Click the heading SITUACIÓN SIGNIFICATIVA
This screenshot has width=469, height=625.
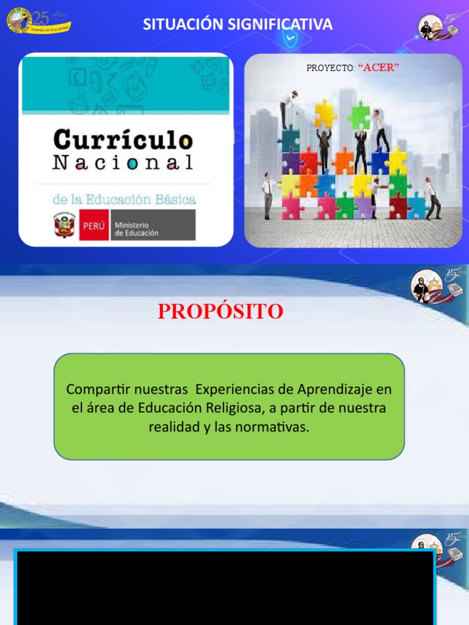point(238,24)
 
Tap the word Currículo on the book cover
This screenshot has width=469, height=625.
point(123,139)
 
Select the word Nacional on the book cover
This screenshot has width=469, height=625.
point(123,163)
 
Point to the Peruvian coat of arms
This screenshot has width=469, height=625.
point(64,225)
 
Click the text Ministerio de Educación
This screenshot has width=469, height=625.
point(136,229)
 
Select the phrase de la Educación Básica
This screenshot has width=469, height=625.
point(123,199)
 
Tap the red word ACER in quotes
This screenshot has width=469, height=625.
point(379,68)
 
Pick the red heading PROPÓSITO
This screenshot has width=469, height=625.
point(220,311)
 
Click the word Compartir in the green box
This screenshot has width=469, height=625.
point(95,389)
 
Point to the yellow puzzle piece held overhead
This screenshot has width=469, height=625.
point(325,114)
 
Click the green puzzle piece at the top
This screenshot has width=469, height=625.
point(359,114)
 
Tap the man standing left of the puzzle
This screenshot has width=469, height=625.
point(267,195)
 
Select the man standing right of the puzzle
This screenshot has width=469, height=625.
point(432,198)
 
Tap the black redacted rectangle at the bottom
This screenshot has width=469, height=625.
point(224,587)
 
